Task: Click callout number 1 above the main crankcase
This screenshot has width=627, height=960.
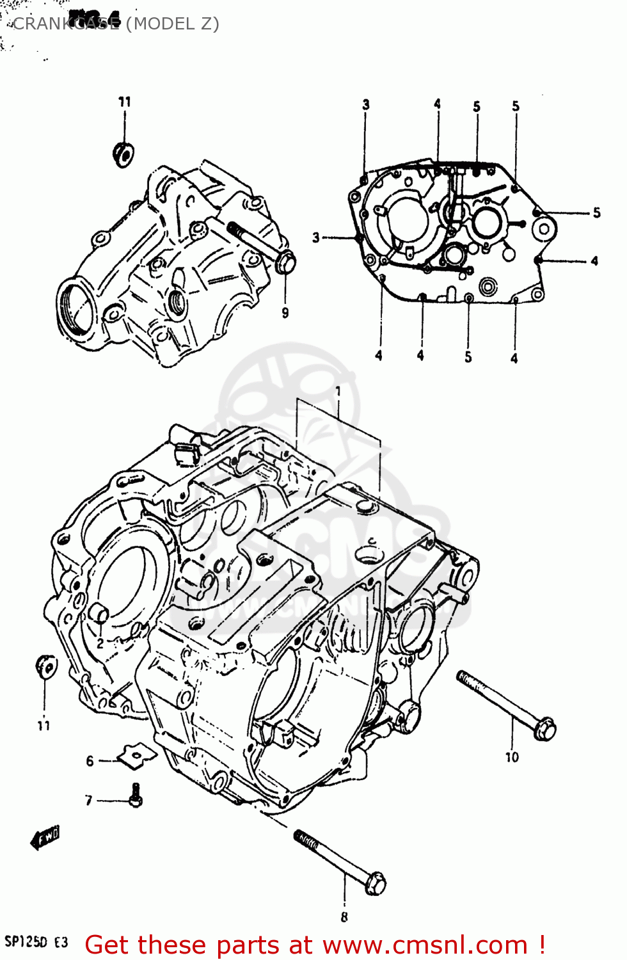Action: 338,391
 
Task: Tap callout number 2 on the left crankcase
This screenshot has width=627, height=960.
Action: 100,643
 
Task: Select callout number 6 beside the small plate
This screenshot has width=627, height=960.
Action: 90,761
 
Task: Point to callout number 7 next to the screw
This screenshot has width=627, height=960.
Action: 89,801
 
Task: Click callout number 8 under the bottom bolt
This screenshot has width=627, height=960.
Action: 344,917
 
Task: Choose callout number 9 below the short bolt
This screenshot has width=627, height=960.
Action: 285,313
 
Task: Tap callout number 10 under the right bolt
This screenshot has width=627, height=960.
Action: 512,758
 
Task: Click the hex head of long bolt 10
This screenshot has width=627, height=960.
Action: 544,729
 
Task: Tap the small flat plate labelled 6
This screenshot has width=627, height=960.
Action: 136,755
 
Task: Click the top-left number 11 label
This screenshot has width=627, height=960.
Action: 125,102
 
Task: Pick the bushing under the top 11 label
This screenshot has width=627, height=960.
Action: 123,154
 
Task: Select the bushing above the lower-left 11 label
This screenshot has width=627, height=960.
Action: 46,667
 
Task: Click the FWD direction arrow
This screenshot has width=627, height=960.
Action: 45,838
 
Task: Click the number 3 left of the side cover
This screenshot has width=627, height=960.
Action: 315,238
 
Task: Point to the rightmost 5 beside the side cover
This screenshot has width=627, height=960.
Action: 596,213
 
